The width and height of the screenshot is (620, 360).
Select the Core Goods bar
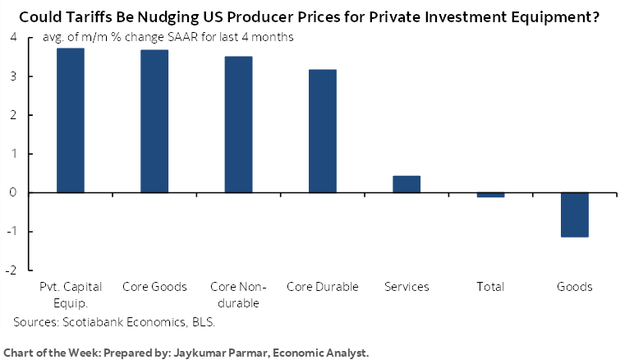tap(154, 122)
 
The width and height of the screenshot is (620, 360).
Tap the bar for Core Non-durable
tap(238, 125)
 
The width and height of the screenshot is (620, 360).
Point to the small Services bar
tap(406, 184)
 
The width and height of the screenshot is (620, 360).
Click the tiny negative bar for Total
tap(490, 195)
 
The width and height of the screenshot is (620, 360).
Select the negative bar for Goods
tap(575, 215)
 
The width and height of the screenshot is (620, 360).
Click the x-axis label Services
tap(406, 287)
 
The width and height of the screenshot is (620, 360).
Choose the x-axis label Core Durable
tap(322, 287)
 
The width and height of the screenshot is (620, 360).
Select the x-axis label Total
tap(490, 287)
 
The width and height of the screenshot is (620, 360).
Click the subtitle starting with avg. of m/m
tap(156, 38)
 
